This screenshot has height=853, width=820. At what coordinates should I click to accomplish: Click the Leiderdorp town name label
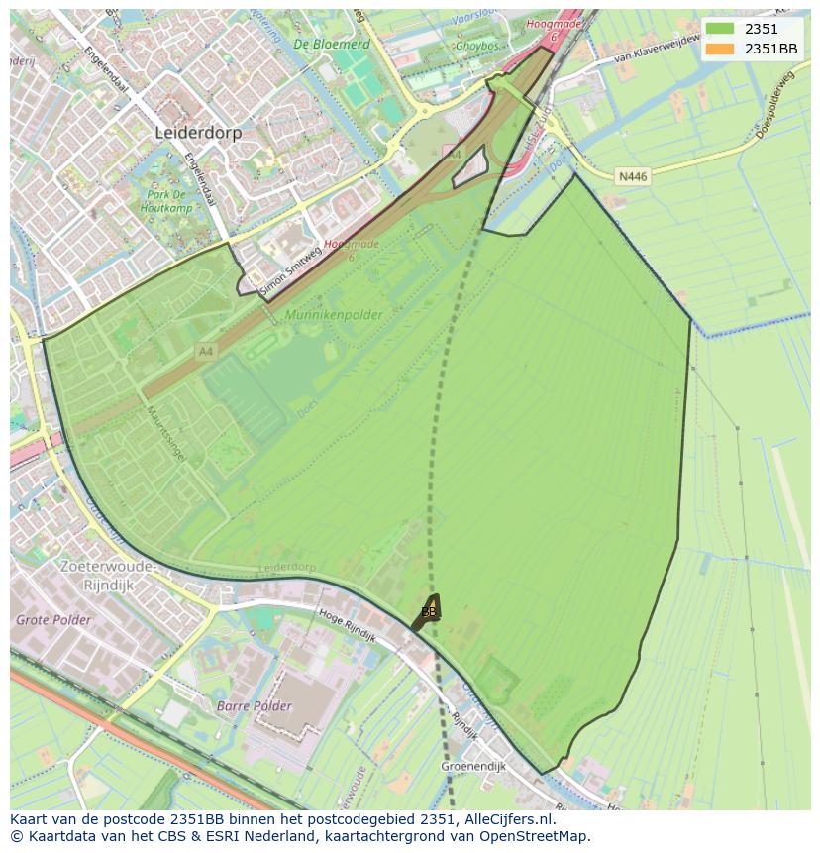point(198,132)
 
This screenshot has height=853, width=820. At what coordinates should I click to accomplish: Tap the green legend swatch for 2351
point(720,29)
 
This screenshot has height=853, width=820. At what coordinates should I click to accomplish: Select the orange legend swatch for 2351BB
point(720,49)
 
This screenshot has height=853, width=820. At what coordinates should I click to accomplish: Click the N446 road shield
point(632,176)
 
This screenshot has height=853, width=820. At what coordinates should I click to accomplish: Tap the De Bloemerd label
point(332,45)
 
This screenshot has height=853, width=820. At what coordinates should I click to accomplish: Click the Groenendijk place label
point(473,766)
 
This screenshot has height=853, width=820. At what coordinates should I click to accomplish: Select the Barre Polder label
point(255,706)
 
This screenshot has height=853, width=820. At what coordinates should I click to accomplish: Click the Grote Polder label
point(53,620)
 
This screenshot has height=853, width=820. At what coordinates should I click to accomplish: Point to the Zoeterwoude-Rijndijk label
point(108,575)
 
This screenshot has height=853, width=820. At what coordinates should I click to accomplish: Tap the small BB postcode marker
point(429,611)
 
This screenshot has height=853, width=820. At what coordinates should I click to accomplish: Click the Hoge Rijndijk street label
point(348,626)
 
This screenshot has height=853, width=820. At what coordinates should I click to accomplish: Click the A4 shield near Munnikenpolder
point(205,351)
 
